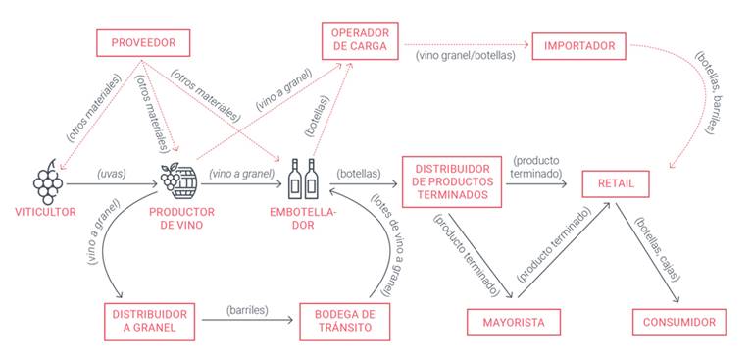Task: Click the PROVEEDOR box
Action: tap(142, 43)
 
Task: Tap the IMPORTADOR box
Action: tap(580, 45)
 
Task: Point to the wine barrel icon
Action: tap(178, 180)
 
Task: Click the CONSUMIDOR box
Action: tap(678, 321)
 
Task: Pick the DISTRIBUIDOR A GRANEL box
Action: tap(149, 321)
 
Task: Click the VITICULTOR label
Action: tap(45, 212)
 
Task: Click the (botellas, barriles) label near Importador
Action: tap(714, 93)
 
